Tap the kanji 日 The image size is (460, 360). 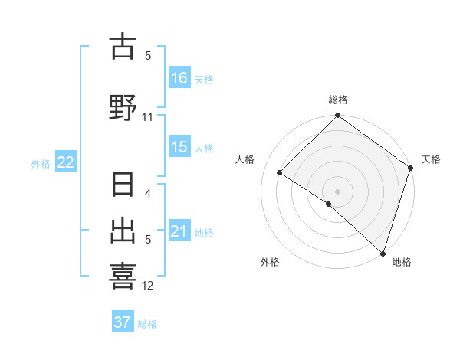point(123,186)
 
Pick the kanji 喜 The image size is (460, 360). point(123,275)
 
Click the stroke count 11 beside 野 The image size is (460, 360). point(148,117)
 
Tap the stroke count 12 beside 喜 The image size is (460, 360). point(148,286)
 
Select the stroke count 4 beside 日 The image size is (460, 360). point(148,194)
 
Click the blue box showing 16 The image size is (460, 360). point(179,78)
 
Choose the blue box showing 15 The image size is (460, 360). point(179,147)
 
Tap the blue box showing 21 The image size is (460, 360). point(179,231)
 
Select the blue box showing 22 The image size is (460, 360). point(66,162)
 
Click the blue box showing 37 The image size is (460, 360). point(123,322)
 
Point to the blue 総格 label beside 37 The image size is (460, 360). point(147,324)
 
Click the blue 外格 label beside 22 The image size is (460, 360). point(41,163)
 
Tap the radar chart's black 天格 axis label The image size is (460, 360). point(431,159)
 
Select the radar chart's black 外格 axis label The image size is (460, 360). point(270,262)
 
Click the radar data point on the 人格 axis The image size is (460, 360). point(280,173)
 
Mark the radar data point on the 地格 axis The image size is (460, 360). point(383,253)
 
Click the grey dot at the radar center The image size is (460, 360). point(338,190)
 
